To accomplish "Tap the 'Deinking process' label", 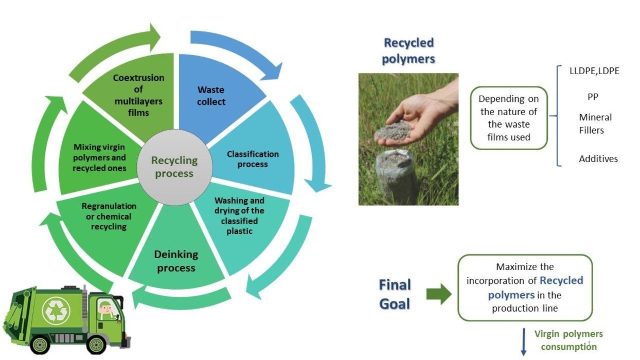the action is tap(176, 261).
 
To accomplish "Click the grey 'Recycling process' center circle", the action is tap(174, 168).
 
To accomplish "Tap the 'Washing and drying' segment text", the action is tap(239, 215).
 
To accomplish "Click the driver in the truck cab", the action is tap(105, 310).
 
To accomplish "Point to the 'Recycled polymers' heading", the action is tap(408, 51).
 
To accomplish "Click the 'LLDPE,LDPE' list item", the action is tap(594, 71).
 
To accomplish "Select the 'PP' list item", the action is tap(593, 97).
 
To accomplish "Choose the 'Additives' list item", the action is tap(598, 159).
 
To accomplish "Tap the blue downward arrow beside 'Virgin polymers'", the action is tap(524, 342).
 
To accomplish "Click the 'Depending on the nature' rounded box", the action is tap(509, 118).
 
